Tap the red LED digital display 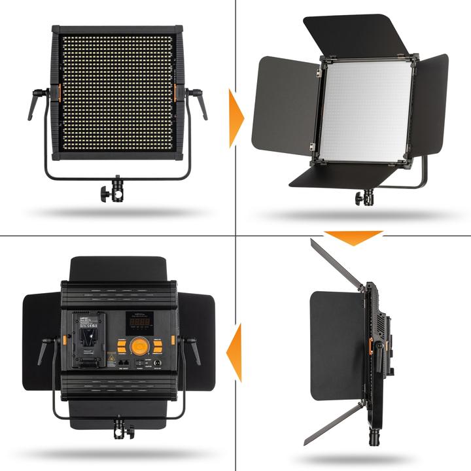[139, 323]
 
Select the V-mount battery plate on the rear [90, 338]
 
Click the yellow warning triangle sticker [111, 360]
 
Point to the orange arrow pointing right [235, 118]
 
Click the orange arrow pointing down [353, 237]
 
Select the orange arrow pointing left [235, 353]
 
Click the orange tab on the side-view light [370, 347]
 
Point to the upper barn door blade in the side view [336, 264]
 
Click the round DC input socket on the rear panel [158, 363]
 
